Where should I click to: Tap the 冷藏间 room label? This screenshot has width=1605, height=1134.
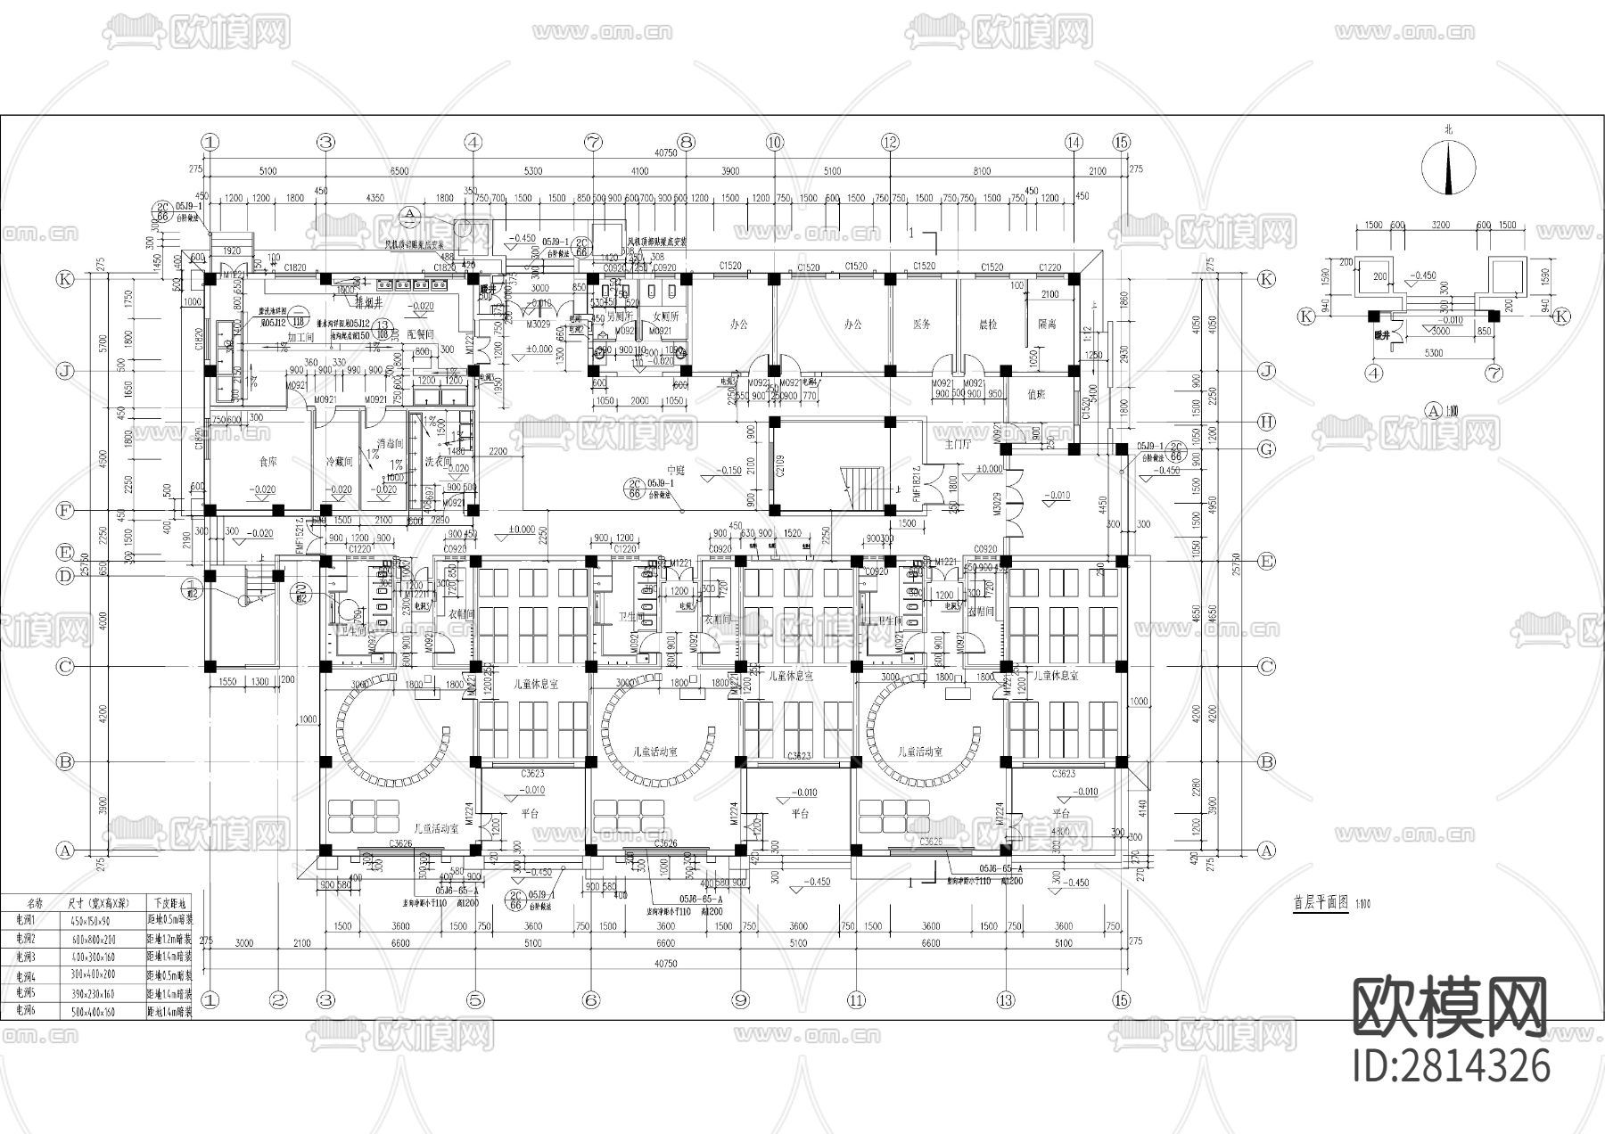(x=339, y=463)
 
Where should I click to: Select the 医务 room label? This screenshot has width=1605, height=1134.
(x=922, y=325)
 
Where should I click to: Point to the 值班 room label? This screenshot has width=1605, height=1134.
(x=1036, y=393)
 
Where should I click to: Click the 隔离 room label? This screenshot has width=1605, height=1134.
(x=1047, y=325)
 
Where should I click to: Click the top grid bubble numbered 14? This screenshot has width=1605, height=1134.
(x=1073, y=142)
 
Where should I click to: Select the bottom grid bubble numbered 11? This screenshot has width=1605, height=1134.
(x=858, y=1000)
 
